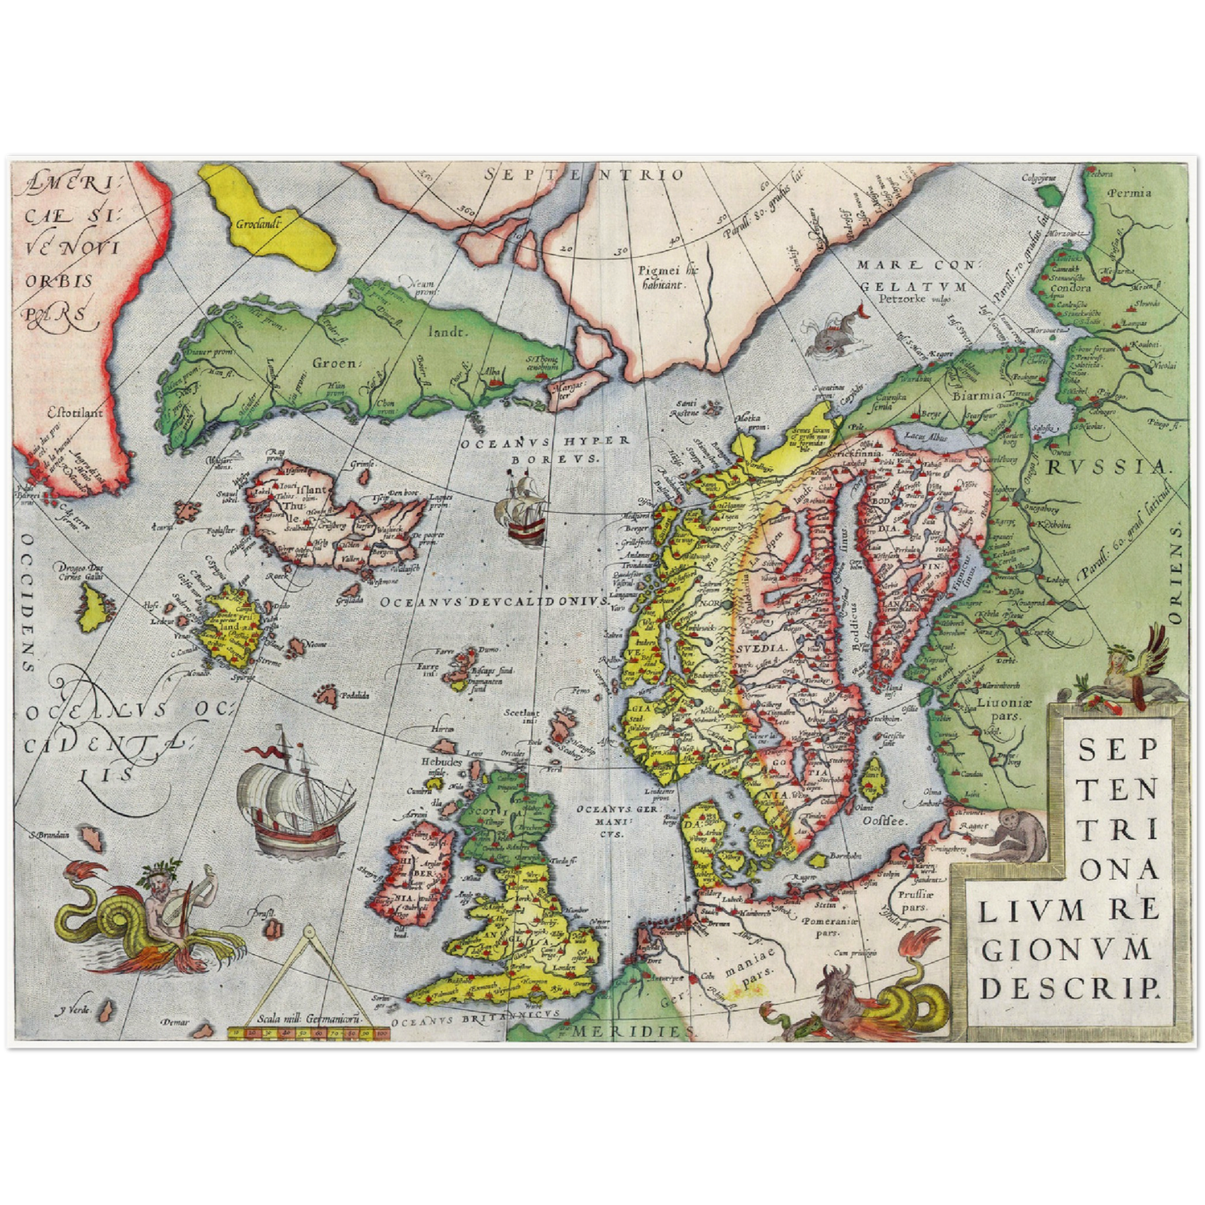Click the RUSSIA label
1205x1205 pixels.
tap(1107, 467)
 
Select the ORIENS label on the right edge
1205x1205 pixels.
tap(1176, 575)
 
